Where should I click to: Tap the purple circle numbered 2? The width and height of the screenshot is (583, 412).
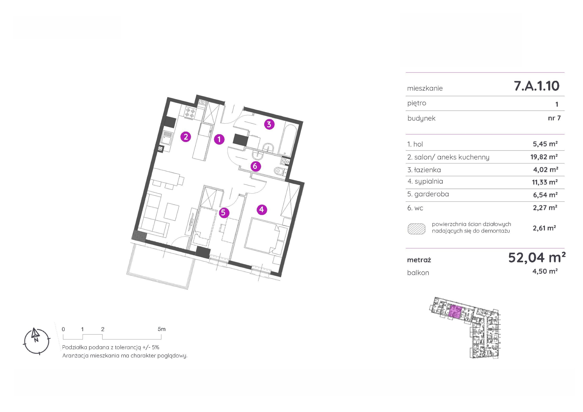click(x=186, y=137)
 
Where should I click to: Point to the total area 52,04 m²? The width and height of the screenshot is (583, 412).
click(x=537, y=258)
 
